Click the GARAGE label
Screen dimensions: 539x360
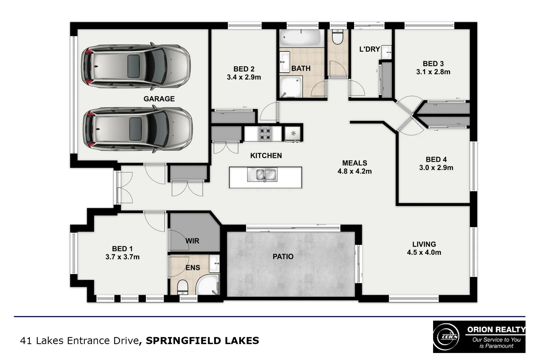point(159,99)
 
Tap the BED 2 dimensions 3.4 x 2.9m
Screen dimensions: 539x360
point(244,77)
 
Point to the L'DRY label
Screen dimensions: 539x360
point(369,49)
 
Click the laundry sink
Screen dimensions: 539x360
point(386,52)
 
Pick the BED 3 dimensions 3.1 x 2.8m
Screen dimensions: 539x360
point(433,72)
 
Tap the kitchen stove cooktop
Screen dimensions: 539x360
point(265,134)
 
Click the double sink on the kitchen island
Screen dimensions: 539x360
point(262,174)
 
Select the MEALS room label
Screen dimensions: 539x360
point(355,163)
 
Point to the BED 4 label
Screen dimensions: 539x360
point(436,159)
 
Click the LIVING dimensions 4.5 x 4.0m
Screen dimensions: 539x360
point(424,252)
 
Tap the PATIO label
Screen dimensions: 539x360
point(283,256)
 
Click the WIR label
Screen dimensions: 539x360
point(192,241)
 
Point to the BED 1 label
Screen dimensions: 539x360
point(122,249)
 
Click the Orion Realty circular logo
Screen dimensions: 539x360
point(446,337)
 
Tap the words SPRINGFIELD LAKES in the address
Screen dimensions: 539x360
point(202,340)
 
